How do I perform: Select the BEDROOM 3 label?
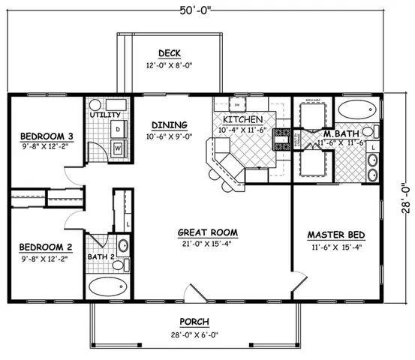click(x=46, y=136)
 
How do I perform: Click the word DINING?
click(x=164, y=125)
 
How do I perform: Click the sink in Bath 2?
click(x=123, y=245)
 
